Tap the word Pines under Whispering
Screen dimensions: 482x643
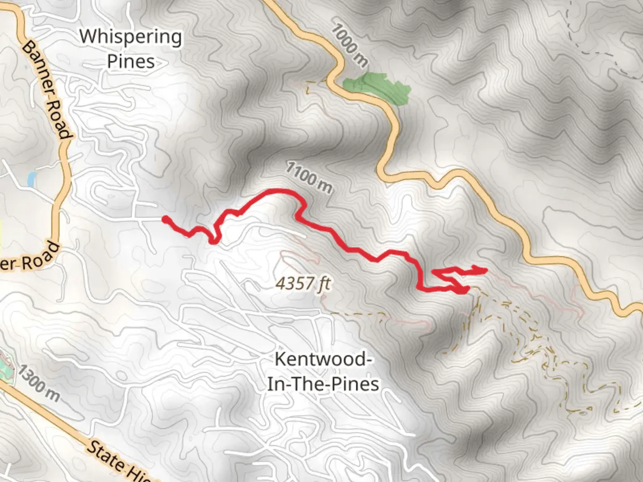pos(131,62)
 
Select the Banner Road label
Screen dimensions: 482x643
pos(47,89)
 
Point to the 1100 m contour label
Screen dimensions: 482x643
pos(309,177)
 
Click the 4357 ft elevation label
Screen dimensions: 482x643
pos(303,283)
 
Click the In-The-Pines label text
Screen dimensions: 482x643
pos(323,384)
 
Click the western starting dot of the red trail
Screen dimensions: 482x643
pos(165,219)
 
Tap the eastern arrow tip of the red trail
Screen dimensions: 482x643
pos(485,270)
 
